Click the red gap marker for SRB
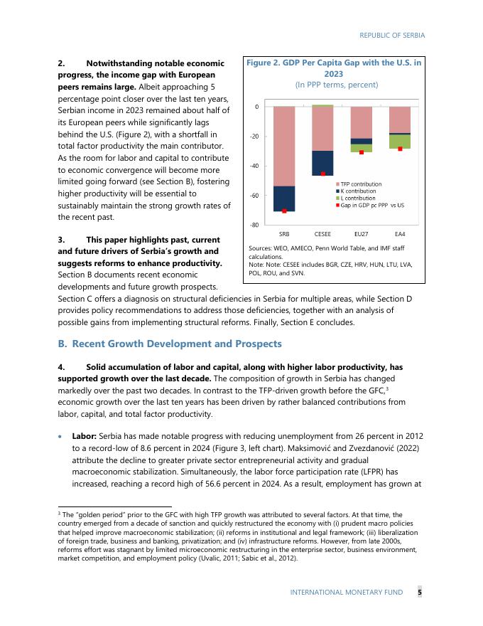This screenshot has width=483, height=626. [x=284, y=211]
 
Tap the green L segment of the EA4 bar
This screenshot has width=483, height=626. [x=400, y=142]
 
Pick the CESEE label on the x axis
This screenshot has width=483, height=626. [x=322, y=233]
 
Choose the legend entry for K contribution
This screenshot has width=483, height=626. [x=359, y=191]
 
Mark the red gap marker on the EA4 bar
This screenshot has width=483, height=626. [x=400, y=149]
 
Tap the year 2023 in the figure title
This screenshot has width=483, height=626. [x=334, y=73]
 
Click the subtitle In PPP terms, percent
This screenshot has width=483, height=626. [x=333, y=85]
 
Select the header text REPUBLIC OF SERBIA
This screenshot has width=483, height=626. [x=392, y=34]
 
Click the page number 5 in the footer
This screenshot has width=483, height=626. [x=419, y=592]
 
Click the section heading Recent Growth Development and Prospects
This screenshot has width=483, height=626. [x=177, y=344]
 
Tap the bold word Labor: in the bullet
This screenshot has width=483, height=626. [x=85, y=435]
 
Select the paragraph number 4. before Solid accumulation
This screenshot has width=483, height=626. [x=61, y=367]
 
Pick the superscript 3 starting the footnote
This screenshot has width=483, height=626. [x=58, y=511]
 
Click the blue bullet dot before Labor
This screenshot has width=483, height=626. [x=61, y=435]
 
